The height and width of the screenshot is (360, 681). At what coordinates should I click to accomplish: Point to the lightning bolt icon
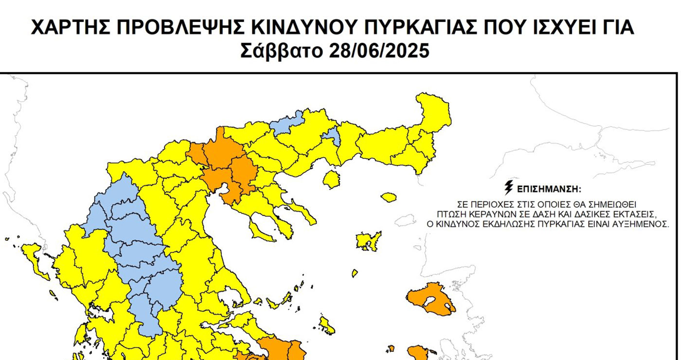[509, 187]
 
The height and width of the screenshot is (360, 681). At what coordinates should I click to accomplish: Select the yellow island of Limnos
[367, 240]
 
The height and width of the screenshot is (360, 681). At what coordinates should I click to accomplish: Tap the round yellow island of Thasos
[332, 180]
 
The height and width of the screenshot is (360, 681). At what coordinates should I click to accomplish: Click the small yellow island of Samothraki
[389, 197]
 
